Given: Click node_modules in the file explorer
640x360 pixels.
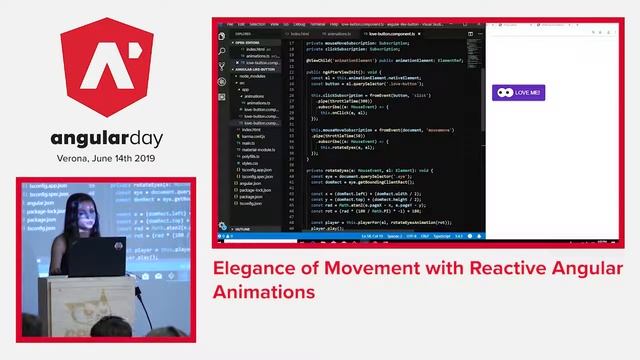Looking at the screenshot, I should pos(250,75).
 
